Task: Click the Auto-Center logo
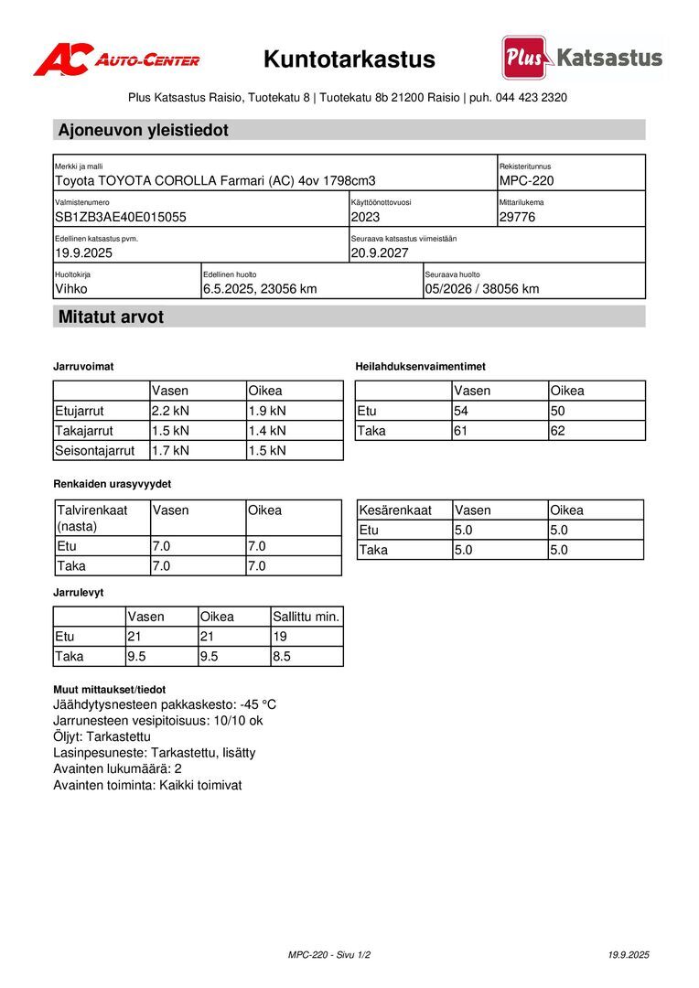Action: [x=116, y=59]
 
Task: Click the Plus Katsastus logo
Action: [x=582, y=58]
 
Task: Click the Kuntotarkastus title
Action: [x=349, y=60]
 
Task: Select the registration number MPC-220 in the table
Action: [x=526, y=181]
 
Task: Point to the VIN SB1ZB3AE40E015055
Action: [x=121, y=218]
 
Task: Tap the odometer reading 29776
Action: [x=518, y=218]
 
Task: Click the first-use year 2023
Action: [x=365, y=218]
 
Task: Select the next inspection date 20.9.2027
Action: [x=380, y=253]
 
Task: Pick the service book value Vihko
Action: [x=71, y=289]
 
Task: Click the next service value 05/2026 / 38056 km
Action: [x=481, y=289]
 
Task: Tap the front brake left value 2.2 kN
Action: [x=171, y=411]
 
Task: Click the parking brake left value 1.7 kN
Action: [x=171, y=451]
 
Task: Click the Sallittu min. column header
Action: [x=306, y=617]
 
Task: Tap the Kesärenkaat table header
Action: [x=394, y=510]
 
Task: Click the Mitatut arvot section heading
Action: [x=112, y=317]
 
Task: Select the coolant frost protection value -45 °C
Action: [x=258, y=705]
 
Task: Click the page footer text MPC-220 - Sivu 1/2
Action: [x=329, y=955]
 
